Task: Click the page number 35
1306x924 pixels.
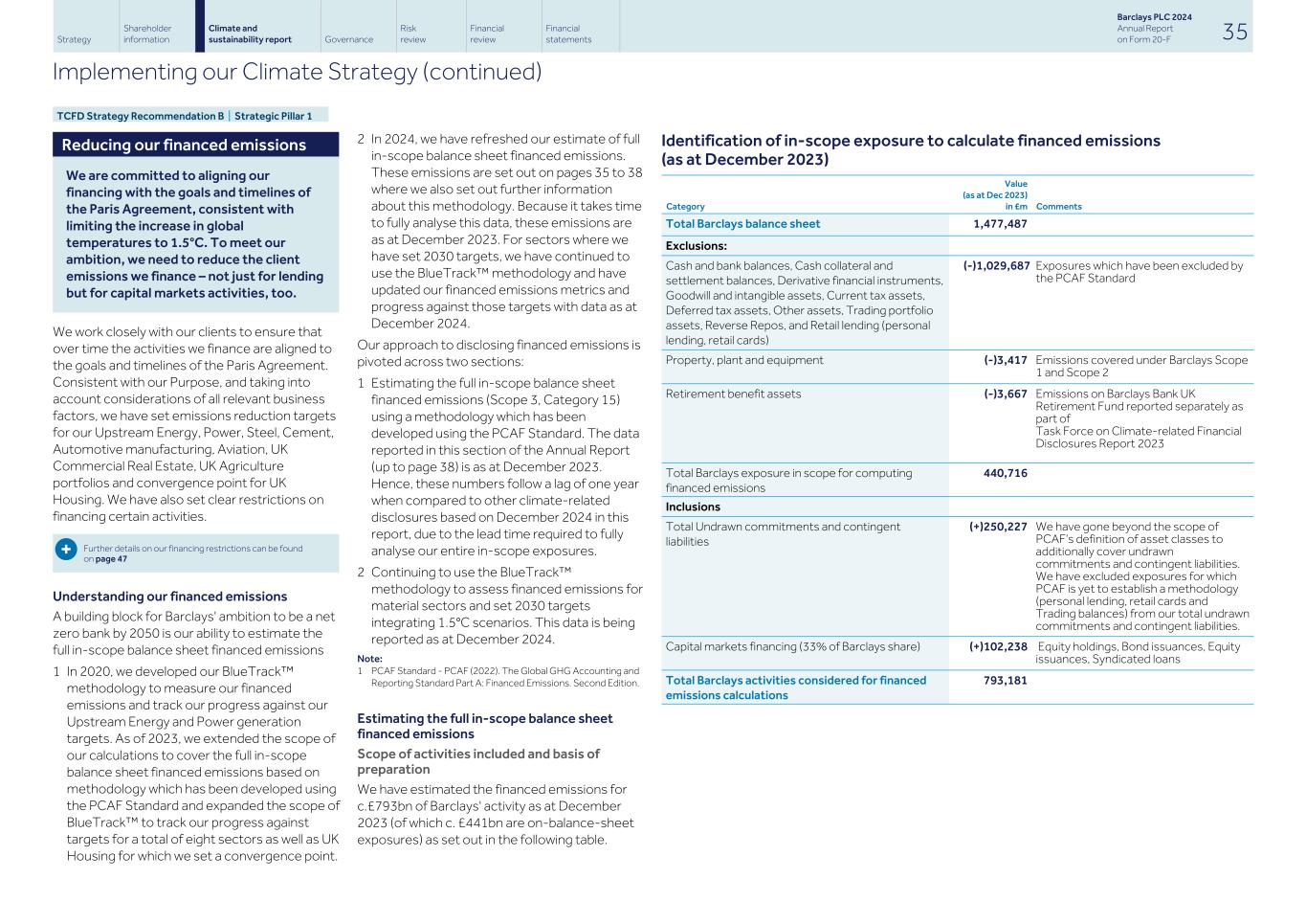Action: tap(1234, 32)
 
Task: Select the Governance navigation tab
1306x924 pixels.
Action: tap(348, 39)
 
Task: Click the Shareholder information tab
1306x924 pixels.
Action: tap(147, 34)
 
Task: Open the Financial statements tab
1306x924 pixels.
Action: tap(568, 34)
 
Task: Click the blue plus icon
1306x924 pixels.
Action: tap(66, 550)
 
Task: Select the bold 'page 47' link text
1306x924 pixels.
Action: tap(111, 559)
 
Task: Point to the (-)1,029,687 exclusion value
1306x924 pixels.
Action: tap(996, 266)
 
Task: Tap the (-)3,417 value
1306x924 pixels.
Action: tap(1005, 360)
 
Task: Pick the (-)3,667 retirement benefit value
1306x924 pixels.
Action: tap(1005, 394)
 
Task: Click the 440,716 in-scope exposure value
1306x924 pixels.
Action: tap(1005, 473)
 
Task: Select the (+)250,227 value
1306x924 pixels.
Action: tap(998, 527)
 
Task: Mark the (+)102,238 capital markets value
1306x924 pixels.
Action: tap(998, 646)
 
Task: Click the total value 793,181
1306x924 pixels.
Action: tap(1005, 681)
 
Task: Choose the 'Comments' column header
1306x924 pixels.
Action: tap(1058, 206)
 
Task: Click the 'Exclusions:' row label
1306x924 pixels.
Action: tap(696, 246)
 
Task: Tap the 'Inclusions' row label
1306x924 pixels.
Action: tap(693, 507)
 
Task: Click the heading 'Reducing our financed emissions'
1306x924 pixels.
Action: tap(184, 146)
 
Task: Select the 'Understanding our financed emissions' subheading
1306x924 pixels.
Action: tap(169, 597)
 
